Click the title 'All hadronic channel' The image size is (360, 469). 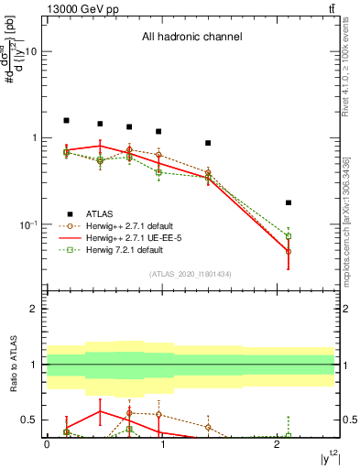tap(191, 38)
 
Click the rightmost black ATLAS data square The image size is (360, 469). tap(289, 202)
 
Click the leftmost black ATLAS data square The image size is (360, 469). tap(66, 120)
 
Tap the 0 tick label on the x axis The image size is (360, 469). tap(47, 446)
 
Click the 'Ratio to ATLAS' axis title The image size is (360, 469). tap(15, 366)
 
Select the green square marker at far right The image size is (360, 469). tap(289, 236)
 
